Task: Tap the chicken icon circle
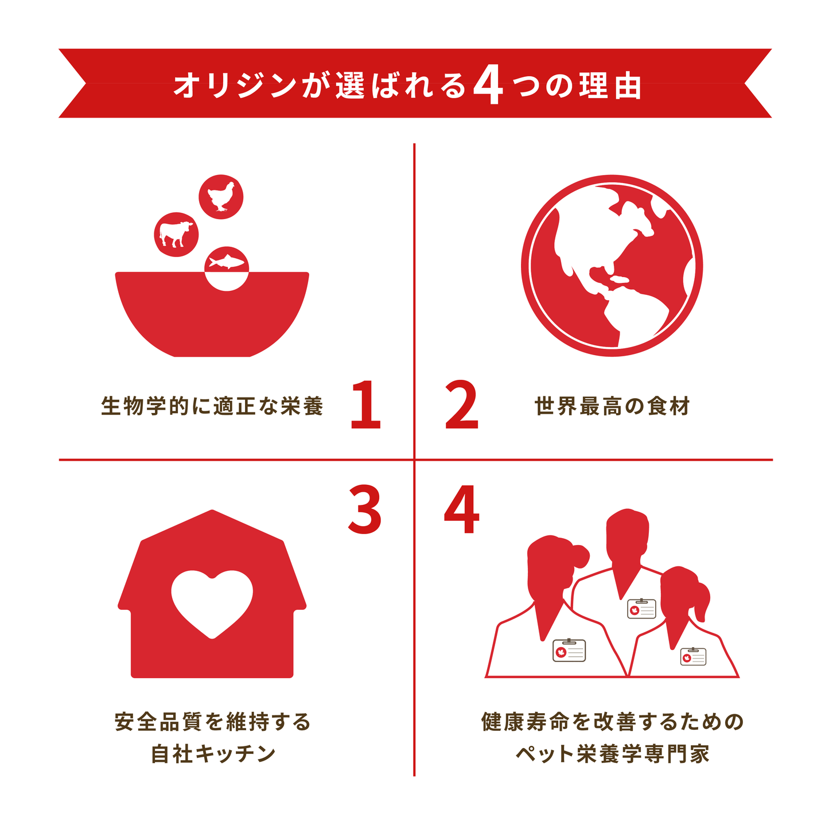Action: [221, 197]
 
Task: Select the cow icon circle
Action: [176, 234]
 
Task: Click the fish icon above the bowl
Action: [227, 262]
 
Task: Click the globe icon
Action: [612, 266]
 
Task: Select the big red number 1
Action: [365, 404]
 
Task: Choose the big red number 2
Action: [461, 404]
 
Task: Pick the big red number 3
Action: [365, 509]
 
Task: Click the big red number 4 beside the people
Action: [461, 509]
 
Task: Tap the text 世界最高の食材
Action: [612, 406]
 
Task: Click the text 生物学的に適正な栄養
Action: [212, 406]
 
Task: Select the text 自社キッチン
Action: [213, 753]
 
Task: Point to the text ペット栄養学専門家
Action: [612, 753]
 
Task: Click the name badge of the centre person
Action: [641, 608]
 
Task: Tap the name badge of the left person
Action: [569, 650]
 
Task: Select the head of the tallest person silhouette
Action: [628, 534]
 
